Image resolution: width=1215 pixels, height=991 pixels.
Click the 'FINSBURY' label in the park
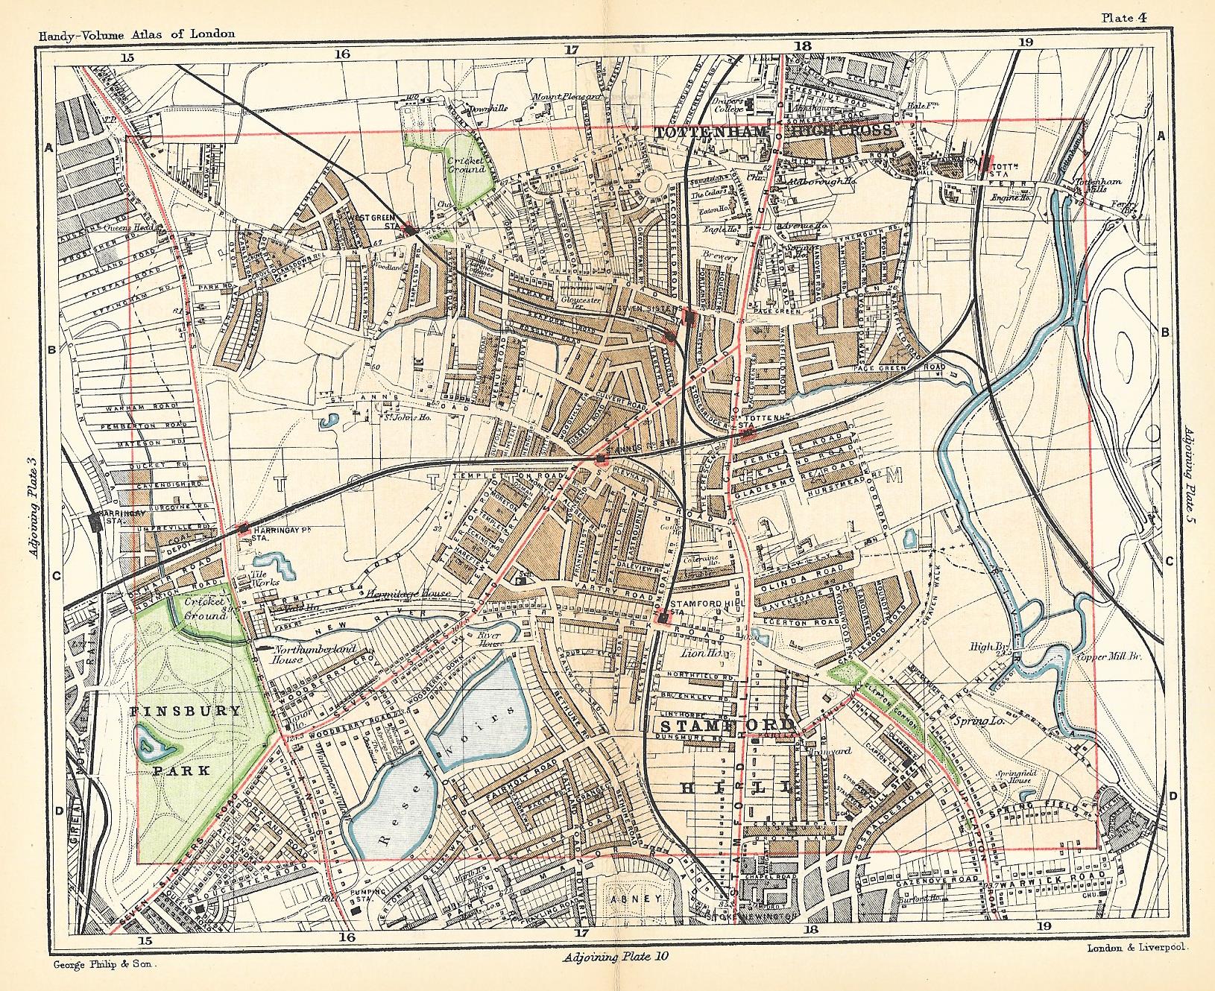click(x=186, y=711)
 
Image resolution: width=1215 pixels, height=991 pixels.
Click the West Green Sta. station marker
click(x=409, y=229)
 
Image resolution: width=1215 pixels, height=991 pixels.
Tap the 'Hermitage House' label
click(x=409, y=593)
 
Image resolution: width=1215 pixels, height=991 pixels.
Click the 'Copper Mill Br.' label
click(x=1099, y=658)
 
